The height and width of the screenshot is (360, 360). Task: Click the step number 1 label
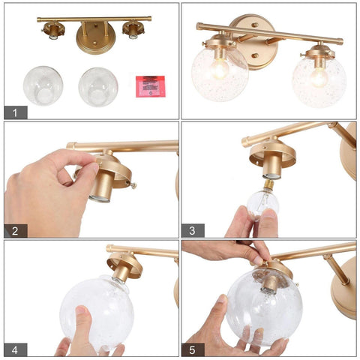15,112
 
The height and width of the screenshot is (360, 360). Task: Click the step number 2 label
15,230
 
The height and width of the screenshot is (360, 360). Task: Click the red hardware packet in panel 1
150,85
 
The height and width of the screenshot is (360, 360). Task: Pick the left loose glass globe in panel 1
43,85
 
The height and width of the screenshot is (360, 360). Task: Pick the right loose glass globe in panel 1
98,86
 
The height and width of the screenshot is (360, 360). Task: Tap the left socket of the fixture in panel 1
52,31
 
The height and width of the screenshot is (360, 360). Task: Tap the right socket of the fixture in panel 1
133,31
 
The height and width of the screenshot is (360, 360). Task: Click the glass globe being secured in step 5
263,306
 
